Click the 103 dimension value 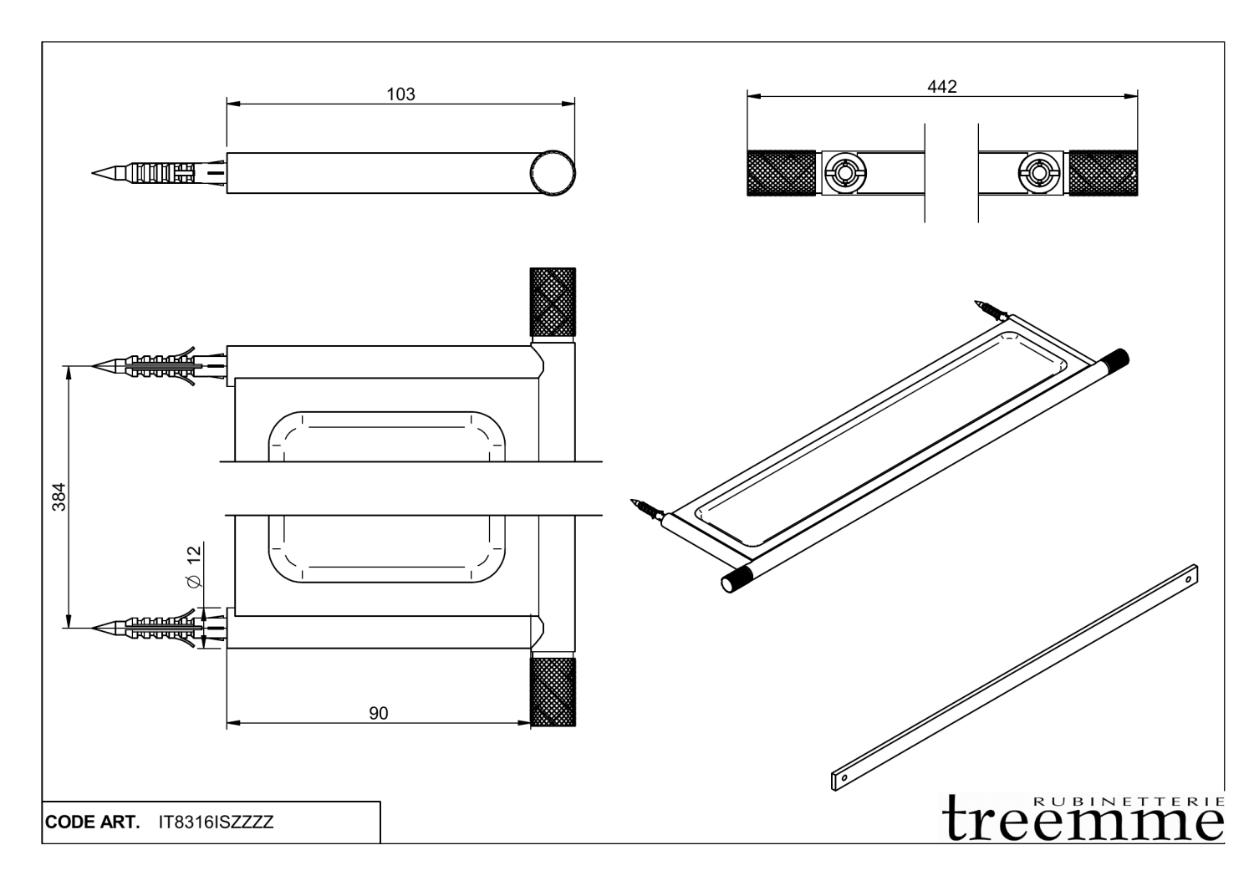pyautogui.click(x=400, y=94)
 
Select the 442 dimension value pyautogui.click(x=941, y=87)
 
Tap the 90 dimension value pyautogui.click(x=379, y=713)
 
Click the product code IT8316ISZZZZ pyautogui.click(x=216, y=822)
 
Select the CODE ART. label pyautogui.click(x=92, y=822)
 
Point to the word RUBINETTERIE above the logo pyautogui.click(x=1129, y=801)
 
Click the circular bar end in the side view pyautogui.click(x=553, y=173)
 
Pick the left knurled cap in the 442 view pyautogui.click(x=781, y=173)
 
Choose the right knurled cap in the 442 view pyautogui.click(x=1103, y=173)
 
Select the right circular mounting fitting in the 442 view pyautogui.click(x=1039, y=174)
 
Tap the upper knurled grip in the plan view pyautogui.click(x=553, y=301)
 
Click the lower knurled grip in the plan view pyautogui.click(x=553, y=691)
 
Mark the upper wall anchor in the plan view pyautogui.click(x=159, y=366)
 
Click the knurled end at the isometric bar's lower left pyautogui.click(x=737, y=579)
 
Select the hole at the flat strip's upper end pyautogui.click(x=1189, y=575)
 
